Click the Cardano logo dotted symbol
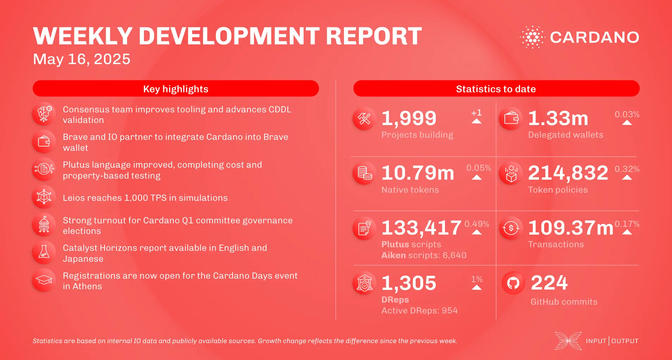click(532, 37)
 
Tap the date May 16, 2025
click(82, 59)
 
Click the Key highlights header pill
click(176, 89)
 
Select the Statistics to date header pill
click(496, 89)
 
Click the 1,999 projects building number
click(409, 118)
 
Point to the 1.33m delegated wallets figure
click(558, 118)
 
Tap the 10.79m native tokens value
click(417, 173)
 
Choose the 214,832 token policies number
click(568, 173)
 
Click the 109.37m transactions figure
click(570, 228)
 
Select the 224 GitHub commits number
click(549, 283)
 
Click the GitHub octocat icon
click(513, 283)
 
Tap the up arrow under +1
click(476, 121)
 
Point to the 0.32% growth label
click(627, 169)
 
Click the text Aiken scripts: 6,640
click(424, 255)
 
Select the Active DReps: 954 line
click(419, 311)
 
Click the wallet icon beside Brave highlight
click(44, 142)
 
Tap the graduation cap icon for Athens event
click(44, 280)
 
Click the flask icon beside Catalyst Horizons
click(44, 253)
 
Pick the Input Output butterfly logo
click(568, 341)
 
